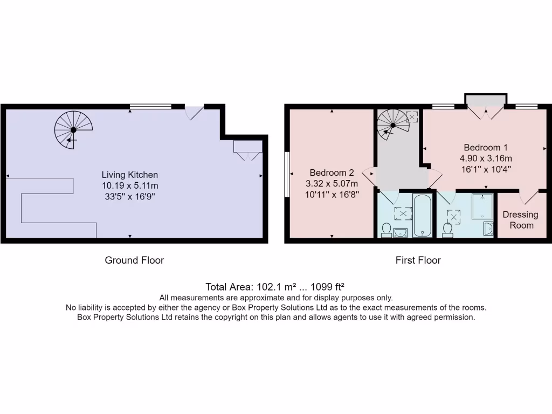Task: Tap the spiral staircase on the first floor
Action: click(393, 125)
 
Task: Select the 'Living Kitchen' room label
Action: click(130, 175)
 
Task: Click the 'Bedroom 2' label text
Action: click(332, 172)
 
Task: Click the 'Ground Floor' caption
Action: click(134, 260)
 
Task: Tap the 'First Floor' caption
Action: click(418, 260)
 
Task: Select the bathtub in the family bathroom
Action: click(422, 216)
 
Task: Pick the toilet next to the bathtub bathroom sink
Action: click(386, 230)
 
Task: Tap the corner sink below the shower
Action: click(488, 229)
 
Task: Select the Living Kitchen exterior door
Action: click(195, 112)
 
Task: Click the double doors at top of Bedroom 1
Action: click(486, 112)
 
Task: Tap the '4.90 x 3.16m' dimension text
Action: click(485, 158)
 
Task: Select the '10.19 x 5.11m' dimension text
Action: click(130, 185)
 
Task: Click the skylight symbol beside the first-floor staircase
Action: click(411, 116)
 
